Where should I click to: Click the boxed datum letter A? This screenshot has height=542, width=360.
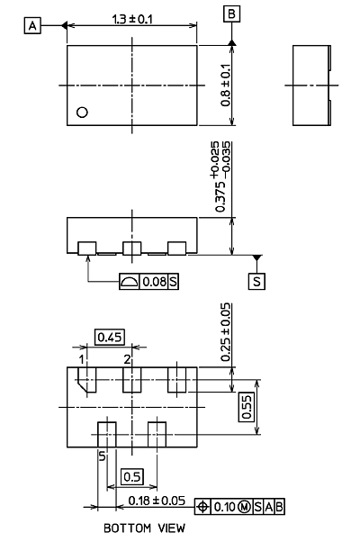tap(32, 25)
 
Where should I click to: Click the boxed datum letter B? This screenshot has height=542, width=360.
tap(231, 14)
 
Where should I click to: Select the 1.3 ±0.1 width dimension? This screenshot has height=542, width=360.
tap(132, 20)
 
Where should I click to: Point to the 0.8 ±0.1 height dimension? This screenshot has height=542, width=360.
tap(225, 85)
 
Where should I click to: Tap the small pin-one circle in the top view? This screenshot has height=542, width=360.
tap(82, 112)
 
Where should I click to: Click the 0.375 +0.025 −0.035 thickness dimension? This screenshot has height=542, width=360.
tap(221, 176)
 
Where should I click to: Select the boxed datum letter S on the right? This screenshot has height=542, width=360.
tap(256, 281)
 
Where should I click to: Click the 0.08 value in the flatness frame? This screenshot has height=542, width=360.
tap(155, 282)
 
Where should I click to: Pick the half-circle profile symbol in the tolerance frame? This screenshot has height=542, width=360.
tap(129, 282)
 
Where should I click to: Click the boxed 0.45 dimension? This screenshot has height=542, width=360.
tap(110, 337)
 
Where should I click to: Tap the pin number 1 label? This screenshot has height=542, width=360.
tap(81, 360)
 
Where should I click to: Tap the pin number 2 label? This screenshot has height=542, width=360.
tap(127, 360)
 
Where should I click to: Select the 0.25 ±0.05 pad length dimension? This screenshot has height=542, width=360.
tap(225, 332)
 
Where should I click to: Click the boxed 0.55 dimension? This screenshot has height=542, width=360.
tap(247, 407)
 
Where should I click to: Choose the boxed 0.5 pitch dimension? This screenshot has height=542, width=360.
tap(132, 477)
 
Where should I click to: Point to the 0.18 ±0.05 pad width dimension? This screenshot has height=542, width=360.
tap(157, 501)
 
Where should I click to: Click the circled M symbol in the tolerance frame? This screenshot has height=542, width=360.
tap(245, 507)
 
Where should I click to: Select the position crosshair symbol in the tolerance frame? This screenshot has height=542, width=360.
tap(202, 507)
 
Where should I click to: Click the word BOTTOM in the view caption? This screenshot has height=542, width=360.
tap(128, 528)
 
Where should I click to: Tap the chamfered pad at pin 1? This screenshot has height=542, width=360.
tap(87, 380)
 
